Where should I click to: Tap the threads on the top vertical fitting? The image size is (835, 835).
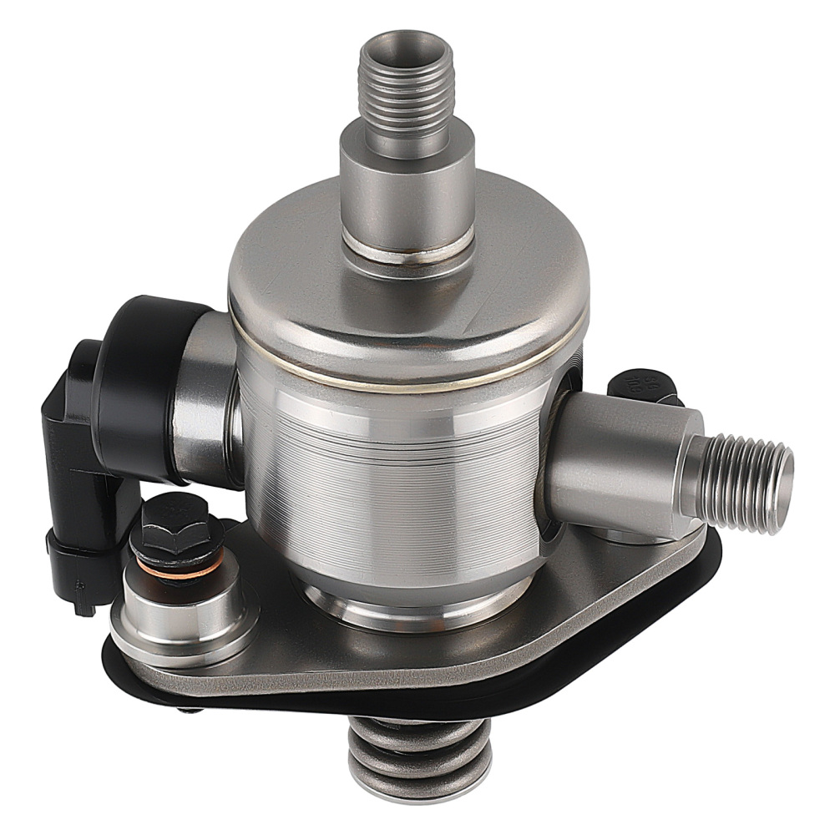click(406, 92)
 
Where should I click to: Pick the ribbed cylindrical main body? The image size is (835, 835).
click(392, 484)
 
